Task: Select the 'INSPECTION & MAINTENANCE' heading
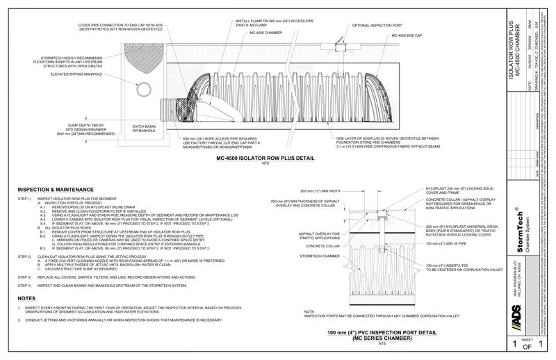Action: pyautogui.click(x=55, y=188)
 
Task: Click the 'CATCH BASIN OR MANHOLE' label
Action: pyautogui.click(x=147, y=129)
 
